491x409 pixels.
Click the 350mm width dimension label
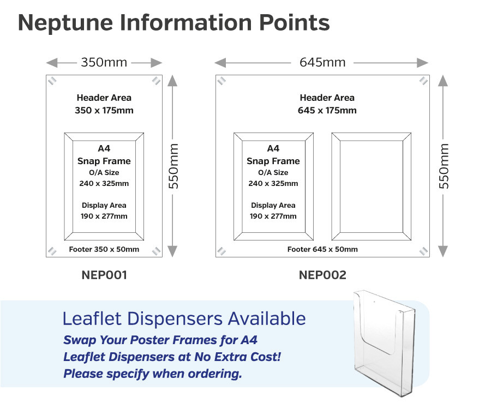pos(104,62)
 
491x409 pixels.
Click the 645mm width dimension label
pos(322,62)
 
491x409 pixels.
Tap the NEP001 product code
pos(104,275)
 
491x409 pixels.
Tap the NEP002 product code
pos(322,275)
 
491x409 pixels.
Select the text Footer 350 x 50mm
pos(104,249)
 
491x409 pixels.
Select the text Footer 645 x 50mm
pos(322,249)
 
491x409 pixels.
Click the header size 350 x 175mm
pos(104,110)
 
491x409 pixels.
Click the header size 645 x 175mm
pos(327,110)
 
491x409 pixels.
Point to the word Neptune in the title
pos(65,23)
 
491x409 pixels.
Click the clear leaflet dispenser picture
pos(385,344)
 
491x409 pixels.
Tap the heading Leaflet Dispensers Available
pos(184,318)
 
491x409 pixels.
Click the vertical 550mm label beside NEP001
pos(173,166)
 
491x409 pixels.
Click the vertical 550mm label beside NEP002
pos(444,166)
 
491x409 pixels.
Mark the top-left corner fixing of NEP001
pos(52,81)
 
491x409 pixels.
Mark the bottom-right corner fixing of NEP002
pos(424,251)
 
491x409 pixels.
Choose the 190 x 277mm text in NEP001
pos(104,216)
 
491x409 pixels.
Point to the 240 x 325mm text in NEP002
pos(273,183)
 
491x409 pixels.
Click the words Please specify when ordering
pos(153,374)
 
